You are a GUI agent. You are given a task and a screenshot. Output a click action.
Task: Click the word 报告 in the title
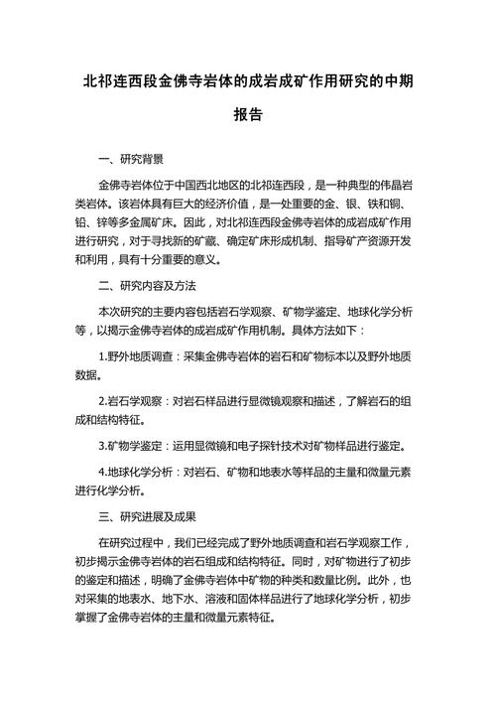(x=248, y=115)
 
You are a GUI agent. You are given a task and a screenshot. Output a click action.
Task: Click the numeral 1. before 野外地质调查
(x=105, y=355)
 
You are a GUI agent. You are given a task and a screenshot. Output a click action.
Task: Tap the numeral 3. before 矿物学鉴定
(x=105, y=445)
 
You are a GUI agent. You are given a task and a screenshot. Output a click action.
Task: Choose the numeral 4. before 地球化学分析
(x=105, y=472)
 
